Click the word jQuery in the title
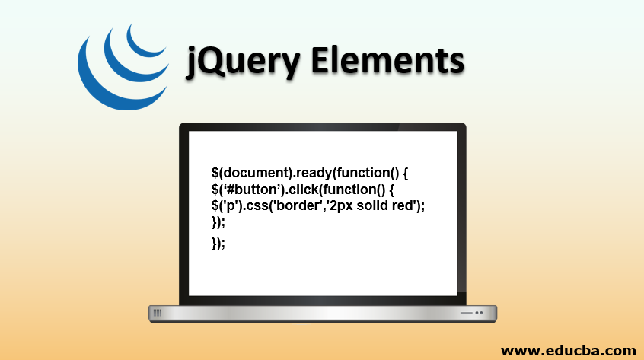point(243,62)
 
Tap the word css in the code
point(257,205)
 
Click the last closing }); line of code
point(218,244)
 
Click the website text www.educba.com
point(569,351)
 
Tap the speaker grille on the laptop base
point(157,314)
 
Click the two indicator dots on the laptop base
point(479,313)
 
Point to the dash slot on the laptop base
point(466,313)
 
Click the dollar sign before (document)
point(215,173)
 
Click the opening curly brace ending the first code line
point(405,174)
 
